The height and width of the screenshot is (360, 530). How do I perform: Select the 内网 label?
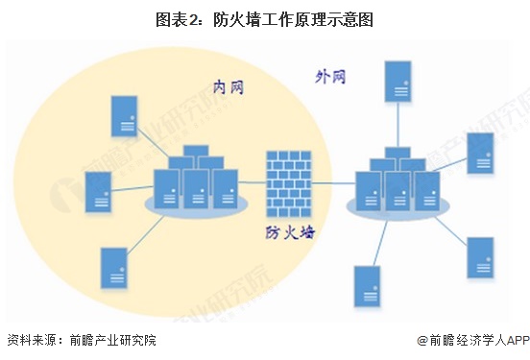point(228,87)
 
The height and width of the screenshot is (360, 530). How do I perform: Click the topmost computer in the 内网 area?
point(123,114)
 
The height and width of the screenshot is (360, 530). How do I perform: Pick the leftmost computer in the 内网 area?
point(97,190)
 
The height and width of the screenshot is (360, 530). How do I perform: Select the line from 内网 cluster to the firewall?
point(252,182)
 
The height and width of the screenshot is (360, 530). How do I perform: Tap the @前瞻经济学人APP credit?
point(473,340)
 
